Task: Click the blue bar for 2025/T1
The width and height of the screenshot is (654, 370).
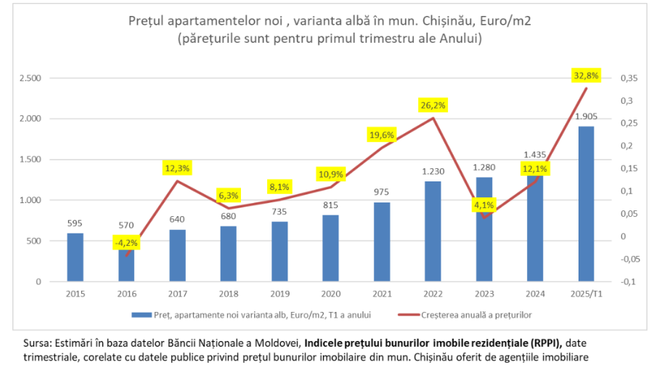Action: click(x=586, y=203)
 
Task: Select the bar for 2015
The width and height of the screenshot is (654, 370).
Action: click(x=75, y=257)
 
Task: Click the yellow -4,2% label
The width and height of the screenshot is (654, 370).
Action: click(x=126, y=243)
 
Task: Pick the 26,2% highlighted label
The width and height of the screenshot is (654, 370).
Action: click(x=433, y=105)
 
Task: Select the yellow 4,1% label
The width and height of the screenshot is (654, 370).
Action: click(x=484, y=205)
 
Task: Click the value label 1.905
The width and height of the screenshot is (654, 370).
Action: click(x=586, y=116)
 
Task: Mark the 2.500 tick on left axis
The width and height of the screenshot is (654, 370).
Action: click(x=31, y=78)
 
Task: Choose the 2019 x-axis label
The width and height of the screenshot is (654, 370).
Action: click(x=279, y=294)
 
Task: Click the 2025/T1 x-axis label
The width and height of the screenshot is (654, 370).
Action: click(x=586, y=294)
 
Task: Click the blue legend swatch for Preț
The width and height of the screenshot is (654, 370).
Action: click(x=141, y=315)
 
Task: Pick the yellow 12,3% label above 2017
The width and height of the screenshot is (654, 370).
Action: click(x=177, y=168)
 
